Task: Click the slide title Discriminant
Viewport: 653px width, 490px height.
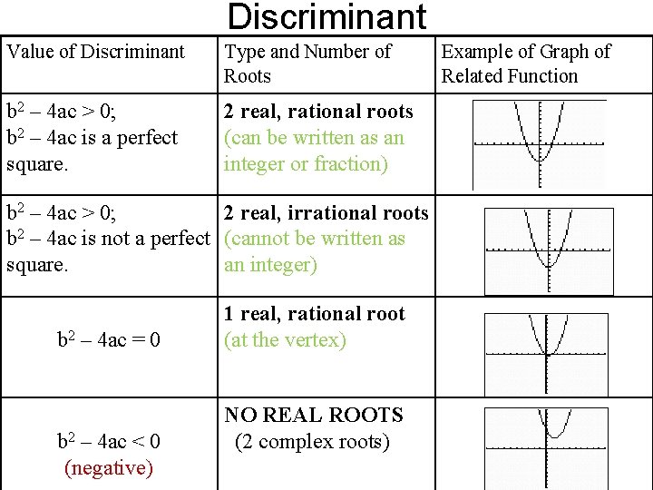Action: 326,16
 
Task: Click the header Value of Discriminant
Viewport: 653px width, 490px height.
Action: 96,52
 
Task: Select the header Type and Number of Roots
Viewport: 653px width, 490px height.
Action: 307,64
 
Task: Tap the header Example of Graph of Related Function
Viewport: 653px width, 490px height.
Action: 526,64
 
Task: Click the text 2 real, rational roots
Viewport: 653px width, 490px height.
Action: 318,112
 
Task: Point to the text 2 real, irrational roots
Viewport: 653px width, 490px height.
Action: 326,213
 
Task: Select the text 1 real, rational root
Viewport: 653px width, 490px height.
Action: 315,314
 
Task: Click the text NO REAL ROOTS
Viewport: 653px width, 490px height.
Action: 313,416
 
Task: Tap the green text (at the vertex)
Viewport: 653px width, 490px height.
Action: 286,340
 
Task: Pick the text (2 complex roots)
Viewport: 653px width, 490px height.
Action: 313,442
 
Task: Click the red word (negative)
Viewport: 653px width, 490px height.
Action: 109,468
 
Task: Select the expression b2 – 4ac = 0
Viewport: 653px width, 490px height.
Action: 109,340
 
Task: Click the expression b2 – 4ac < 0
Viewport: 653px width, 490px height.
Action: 109,442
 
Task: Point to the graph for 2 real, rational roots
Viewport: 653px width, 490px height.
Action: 540,143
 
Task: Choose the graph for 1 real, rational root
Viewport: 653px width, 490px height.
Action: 546,352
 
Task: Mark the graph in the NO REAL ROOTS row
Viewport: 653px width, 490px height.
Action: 546,446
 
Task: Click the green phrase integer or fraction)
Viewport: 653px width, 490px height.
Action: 307,164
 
